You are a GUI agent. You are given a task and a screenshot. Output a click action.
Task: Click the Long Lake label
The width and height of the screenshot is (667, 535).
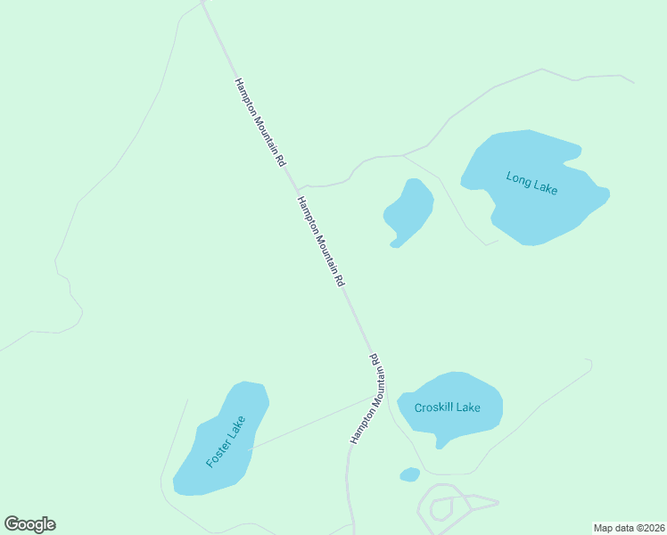[531, 182]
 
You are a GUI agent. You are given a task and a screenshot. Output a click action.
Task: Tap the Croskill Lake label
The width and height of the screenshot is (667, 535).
[448, 407]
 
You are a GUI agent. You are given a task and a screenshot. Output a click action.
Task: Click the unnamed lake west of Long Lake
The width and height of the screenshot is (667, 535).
[409, 211]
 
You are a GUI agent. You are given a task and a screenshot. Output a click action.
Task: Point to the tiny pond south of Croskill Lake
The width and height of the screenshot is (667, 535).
[410, 474]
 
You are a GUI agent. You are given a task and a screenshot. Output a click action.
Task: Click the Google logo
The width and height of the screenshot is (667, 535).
[29, 524]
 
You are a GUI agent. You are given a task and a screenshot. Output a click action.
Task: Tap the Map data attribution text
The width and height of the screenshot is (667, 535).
[628, 528]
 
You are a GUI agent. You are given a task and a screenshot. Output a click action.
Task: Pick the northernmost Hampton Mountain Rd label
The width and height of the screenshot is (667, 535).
[259, 122]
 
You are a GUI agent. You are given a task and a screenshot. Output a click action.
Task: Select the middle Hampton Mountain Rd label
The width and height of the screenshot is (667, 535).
[320, 241]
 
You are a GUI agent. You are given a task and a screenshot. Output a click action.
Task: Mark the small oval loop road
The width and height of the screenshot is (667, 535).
[441, 509]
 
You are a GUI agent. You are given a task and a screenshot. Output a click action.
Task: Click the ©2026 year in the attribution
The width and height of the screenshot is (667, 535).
[647, 528]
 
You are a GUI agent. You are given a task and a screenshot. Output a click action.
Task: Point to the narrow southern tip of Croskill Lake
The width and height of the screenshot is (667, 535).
[440, 443]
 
